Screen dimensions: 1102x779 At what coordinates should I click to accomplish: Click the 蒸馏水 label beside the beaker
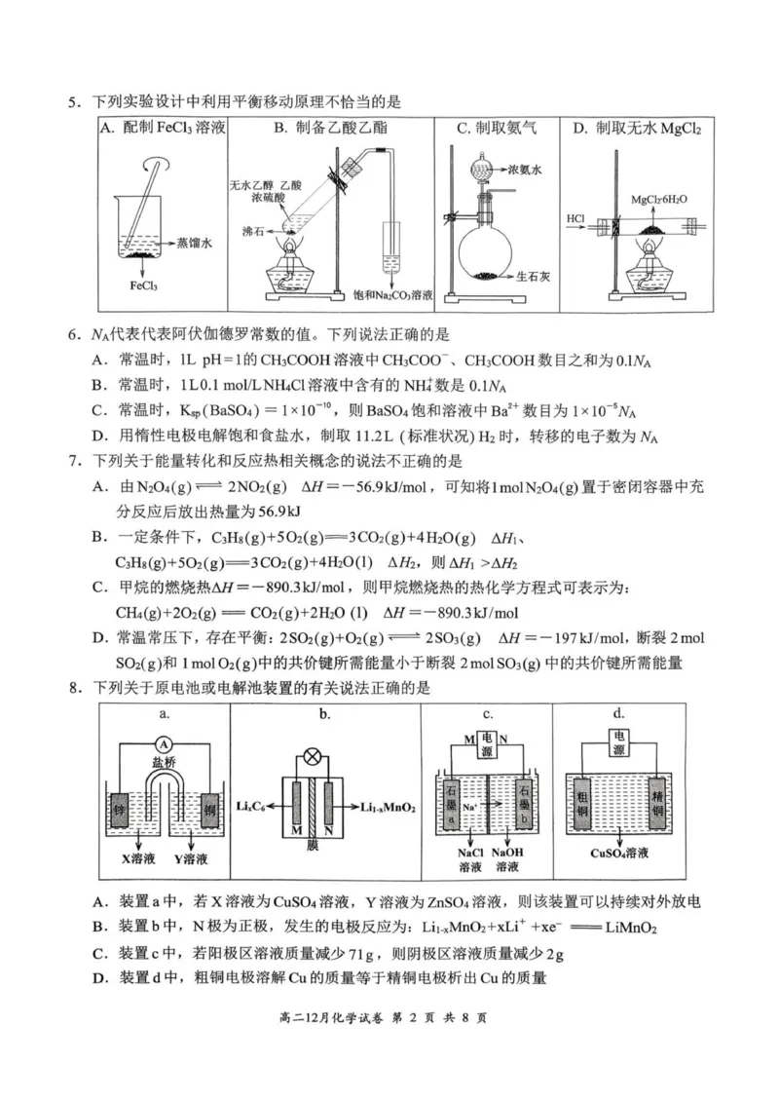point(196,238)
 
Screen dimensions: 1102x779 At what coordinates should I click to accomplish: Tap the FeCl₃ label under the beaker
point(144,285)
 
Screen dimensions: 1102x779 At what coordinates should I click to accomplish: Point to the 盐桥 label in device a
point(164,765)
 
